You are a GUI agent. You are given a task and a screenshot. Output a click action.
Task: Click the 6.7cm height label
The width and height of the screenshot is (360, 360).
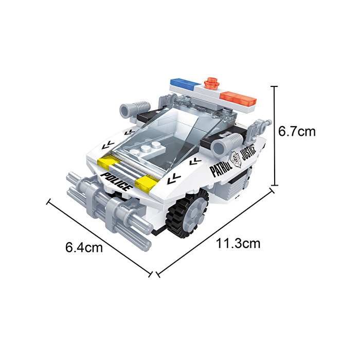[297, 132]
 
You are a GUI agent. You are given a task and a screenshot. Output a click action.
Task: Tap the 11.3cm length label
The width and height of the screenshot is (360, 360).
[238, 243]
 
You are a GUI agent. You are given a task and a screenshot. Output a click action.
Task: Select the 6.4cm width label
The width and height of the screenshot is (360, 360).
[84, 247]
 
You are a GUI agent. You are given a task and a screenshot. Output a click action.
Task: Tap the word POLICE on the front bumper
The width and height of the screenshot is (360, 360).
[117, 182]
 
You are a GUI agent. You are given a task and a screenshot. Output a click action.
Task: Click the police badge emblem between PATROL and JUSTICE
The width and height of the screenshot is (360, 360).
[236, 159]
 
